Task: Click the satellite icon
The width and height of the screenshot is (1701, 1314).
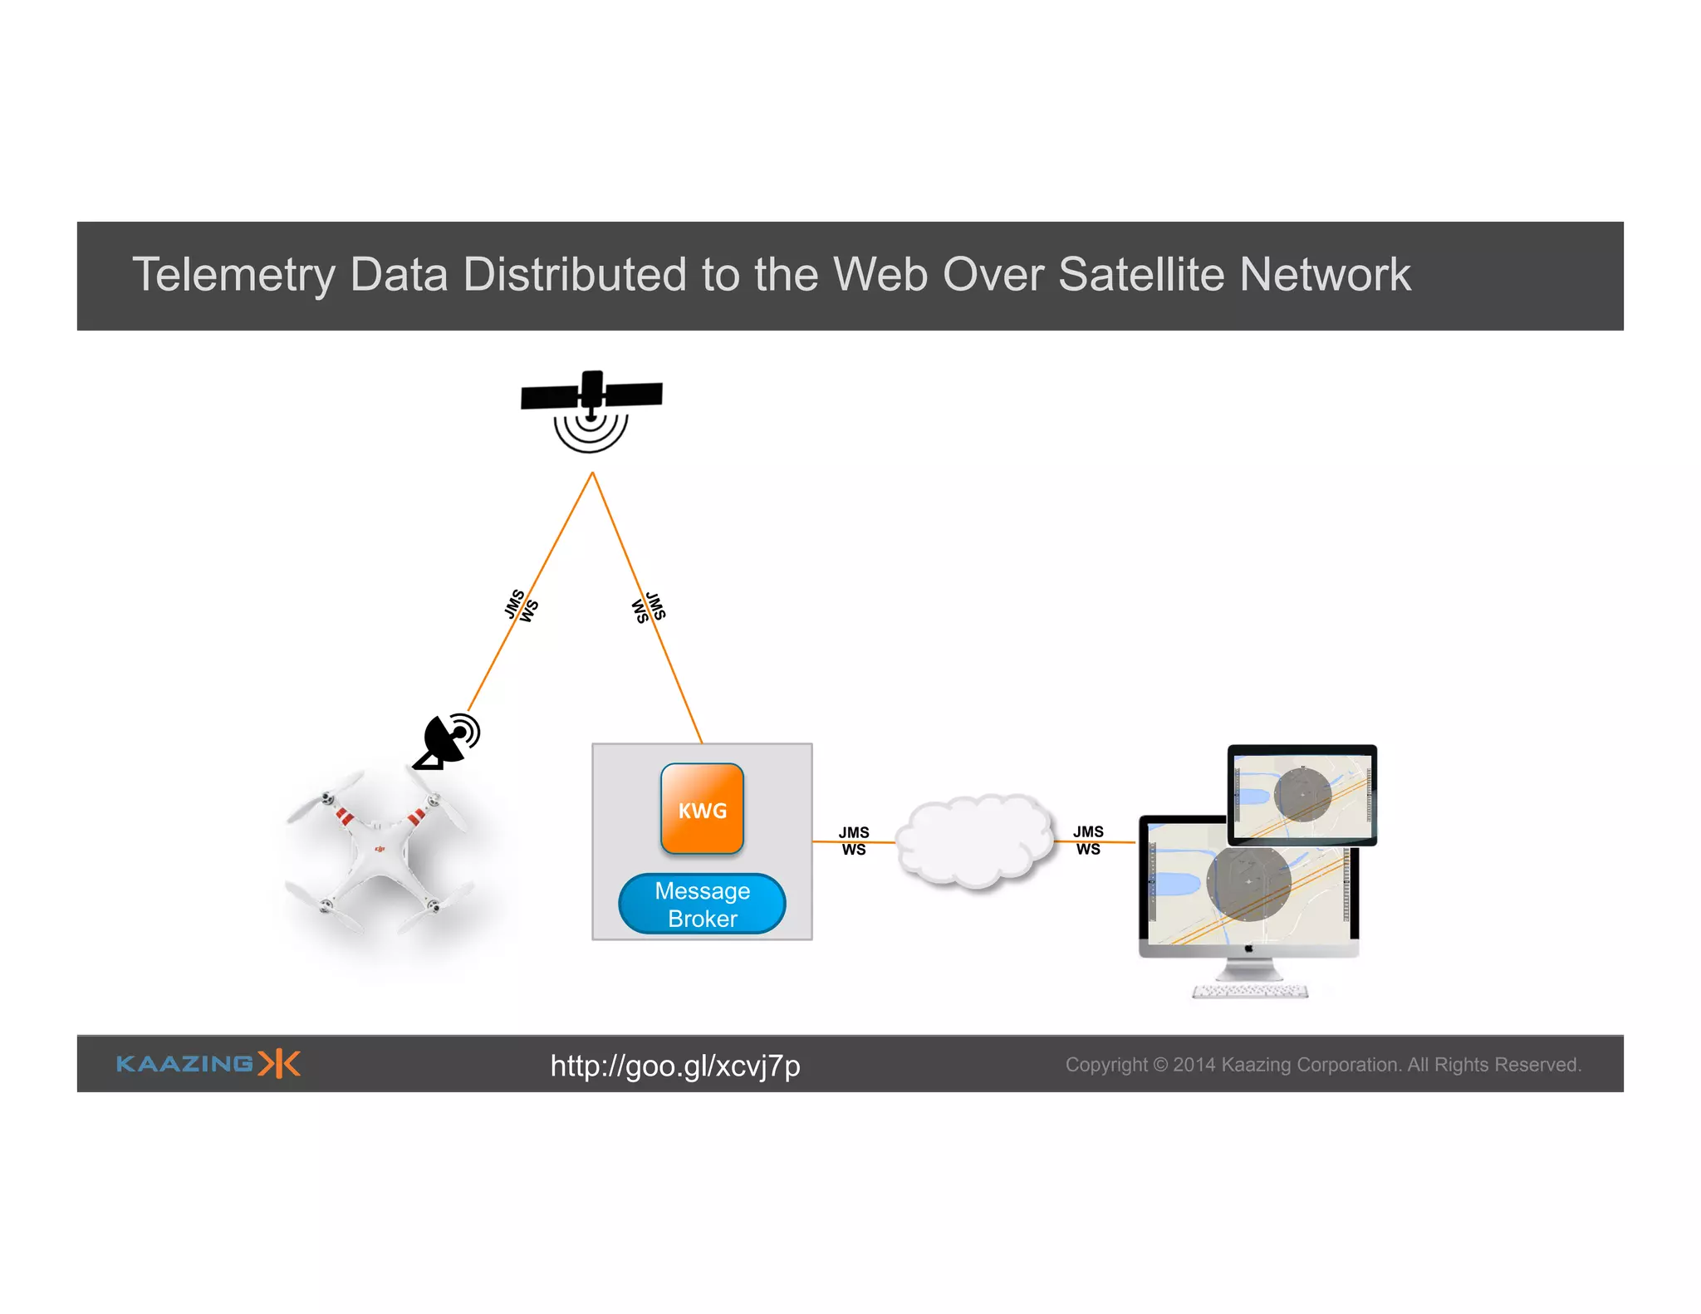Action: (591, 407)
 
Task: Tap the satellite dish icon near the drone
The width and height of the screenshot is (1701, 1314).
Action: (449, 740)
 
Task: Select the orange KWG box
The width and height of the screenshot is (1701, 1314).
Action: (702, 809)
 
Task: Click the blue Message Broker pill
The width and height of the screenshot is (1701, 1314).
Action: (702, 905)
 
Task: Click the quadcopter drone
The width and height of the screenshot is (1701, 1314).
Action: (379, 856)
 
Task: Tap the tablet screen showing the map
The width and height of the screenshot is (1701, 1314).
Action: (1301, 796)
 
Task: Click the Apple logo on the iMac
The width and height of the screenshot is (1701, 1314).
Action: (1248, 949)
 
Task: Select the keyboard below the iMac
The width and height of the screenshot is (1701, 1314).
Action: (1250, 991)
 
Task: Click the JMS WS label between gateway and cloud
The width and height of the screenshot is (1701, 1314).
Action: (853, 841)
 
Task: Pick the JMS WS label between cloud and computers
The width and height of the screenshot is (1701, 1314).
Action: (1088, 840)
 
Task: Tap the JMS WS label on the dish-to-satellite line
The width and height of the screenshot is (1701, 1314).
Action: (521, 606)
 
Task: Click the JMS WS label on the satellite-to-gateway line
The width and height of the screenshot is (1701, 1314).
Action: (649, 607)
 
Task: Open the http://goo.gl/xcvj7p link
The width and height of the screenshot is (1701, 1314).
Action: (674, 1066)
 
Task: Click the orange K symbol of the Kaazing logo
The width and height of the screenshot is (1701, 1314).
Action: (279, 1063)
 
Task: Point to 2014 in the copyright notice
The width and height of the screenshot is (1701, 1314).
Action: (1194, 1065)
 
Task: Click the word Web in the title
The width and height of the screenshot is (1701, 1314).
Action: (880, 275)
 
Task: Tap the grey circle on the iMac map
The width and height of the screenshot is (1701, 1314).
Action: (1248, 883)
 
